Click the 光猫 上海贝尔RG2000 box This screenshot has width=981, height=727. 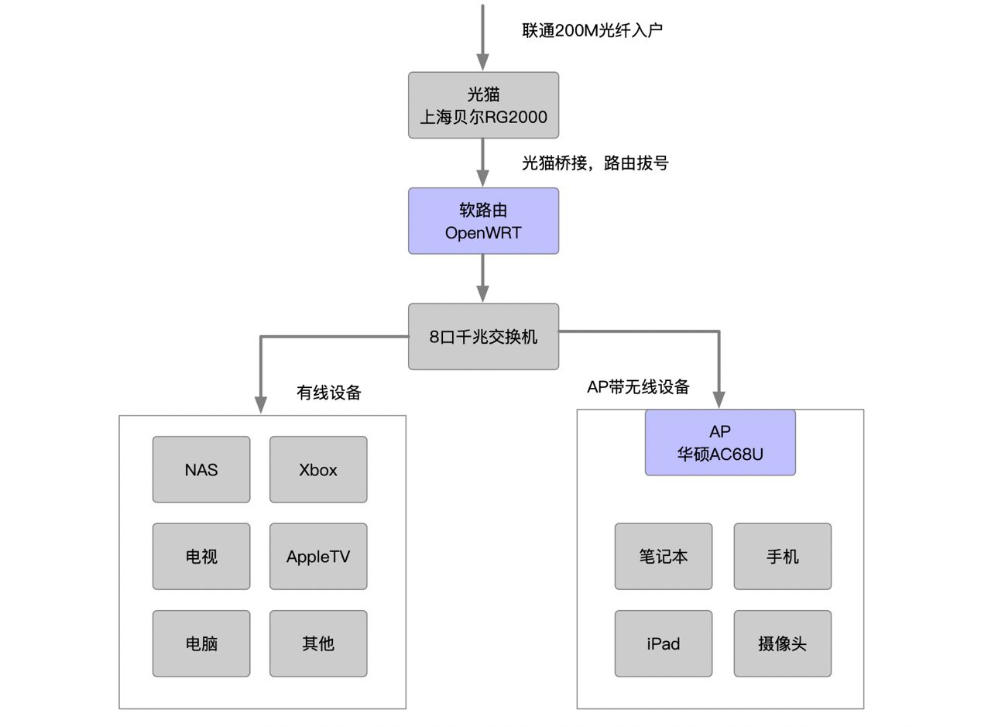pyautogui.click(x=483, y=105)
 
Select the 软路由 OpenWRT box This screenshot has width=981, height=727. pyautogui.click(x=483, y=221)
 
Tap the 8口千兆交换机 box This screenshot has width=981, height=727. pyautogui.click(x=483, y=337)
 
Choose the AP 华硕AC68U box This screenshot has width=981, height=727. pyautogui.click(x=719, y=443)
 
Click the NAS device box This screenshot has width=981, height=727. pyautogui.click(x=201, y=470)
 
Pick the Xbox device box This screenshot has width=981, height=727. pyautogui.click(x=318, y=470)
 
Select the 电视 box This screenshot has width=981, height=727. pyautogui.click(x=201, y=557)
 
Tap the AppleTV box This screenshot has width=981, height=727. pyautogui.click(x=318, y=557)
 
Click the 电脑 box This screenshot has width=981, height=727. pyautogui.click(x=201, y=643)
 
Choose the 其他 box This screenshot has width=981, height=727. pyautogui.click(x=318, y=643)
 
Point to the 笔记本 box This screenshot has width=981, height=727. pyautogui.click(x=663, y=557)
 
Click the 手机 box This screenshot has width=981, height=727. pyautogui.click(x=783, y=557)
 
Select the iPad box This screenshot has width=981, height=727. pyautogui.click(x=663, y=643)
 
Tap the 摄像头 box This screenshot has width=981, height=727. pyautogui.click(x=783, y=643)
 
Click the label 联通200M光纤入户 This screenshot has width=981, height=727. pyautogui.click(x=592, y=30)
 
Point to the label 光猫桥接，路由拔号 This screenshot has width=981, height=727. pyautogui.click(x=595, y=163)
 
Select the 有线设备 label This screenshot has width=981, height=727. pyautogui.click(x=328, y=393)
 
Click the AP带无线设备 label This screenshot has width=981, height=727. pyautogui.click(x=638, y=387)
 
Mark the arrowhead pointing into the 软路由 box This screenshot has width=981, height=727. pyautogui.click(x=482, y=178)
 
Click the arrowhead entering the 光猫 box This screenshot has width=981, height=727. pyautogui.click(x=482, y=63)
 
